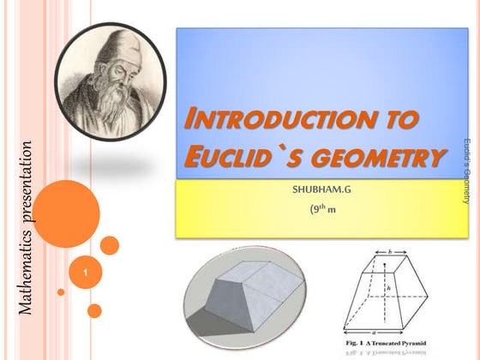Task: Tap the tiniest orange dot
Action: click(61, 292)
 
